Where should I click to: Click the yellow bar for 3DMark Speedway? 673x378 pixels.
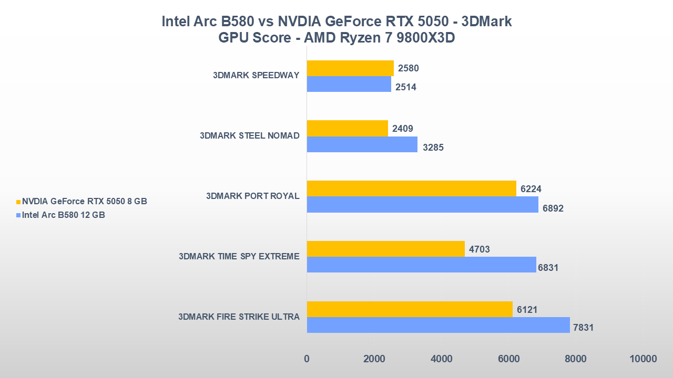350,68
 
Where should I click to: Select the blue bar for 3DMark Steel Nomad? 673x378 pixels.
362,144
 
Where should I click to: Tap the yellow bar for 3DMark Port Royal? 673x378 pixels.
411,188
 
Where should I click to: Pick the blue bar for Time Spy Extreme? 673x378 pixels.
421,265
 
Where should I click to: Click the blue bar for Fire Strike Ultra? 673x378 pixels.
438,325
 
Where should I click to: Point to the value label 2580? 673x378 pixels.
409,68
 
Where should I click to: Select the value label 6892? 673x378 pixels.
553,208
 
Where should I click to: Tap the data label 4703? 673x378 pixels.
480,249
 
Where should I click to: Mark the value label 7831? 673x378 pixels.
583,328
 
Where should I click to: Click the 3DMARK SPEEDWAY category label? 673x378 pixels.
256,75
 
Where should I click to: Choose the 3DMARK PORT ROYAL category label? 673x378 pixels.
253,196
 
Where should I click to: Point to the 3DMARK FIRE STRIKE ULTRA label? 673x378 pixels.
239,317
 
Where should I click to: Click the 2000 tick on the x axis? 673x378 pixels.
374,359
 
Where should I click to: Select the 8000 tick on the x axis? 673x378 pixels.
576,359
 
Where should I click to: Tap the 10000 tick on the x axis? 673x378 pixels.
643,359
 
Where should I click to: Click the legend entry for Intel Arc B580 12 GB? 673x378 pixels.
63,215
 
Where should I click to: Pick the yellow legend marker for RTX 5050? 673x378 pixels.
18,202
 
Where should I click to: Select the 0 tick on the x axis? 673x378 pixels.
307,359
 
